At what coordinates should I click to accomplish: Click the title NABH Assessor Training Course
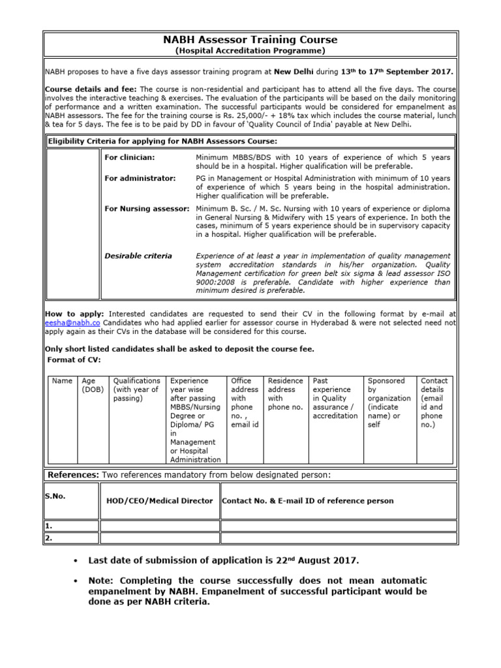pyautogui.click(x=250, y=40)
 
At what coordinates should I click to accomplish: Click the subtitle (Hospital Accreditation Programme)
pyautogui.click(x=250, y=50)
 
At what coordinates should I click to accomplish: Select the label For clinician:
pyautogui.click(x=130, y=157)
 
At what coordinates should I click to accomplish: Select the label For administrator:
pyautogui.click(x=140, y=178)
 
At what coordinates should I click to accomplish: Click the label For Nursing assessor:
pyautogui.click(x=146, y=208)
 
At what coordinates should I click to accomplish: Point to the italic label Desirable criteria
pyautogui.click(x=138, y=256)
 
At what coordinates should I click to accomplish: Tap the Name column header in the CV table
pyautogui.click(x=62, y=380)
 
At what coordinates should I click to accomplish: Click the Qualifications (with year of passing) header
pyautogui.click(x=136, y=389)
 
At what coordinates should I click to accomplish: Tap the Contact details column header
pyautogui.click(x=434, y=402)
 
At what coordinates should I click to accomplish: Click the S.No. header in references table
pyautogui.click(x=55, y=496)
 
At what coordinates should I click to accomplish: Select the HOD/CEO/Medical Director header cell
pyautogui.click(x=159, y=500)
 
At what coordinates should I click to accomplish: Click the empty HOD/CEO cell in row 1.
pyautogui.click(x=159, y=526)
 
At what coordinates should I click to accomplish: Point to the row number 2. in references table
pyautogui.click(x=49, y=538)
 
